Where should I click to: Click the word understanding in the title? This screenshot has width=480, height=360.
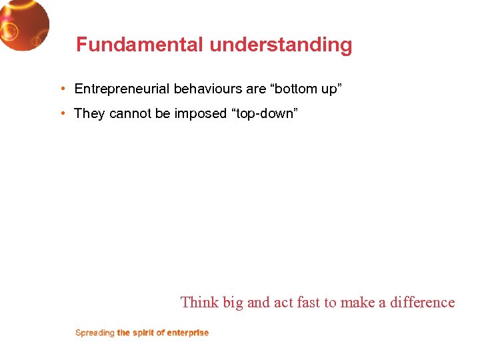pyautogui.click(x=281, y=45)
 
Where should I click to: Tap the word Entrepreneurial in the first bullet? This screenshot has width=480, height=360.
pyautogui.click(x=122, y=89)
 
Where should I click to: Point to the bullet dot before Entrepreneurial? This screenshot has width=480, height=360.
pyautogui.click(x=61, y=89)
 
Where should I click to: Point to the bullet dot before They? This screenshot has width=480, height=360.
pyautogui.click(x=61, y=113)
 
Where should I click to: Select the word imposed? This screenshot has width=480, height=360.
pyautogui.click(x=201, y=113)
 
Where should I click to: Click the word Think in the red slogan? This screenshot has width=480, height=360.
pyautogui.click(x=199, y=302)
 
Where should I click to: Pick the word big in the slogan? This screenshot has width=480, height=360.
pyautogui.click(x=233, y=303)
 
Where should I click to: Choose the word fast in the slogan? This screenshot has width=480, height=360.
pyautogui.click(x=309, y=302)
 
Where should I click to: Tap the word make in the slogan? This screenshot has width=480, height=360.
pyautogui.click(x=359, y=302)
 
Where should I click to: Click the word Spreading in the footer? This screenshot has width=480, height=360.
pyautogui.click(x=95, y=333)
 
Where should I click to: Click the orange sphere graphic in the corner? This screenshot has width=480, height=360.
pyautogui.click(x=23, y=25)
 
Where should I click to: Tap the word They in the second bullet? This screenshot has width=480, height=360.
pyautogui.click(x=89, y=113)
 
